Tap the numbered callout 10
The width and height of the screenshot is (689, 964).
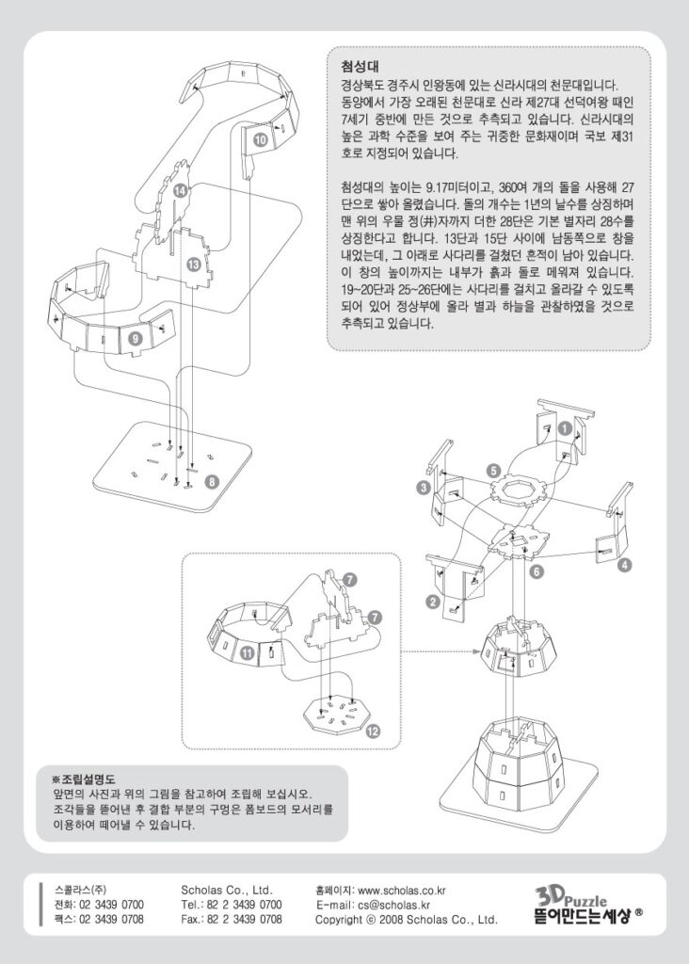(260, 139)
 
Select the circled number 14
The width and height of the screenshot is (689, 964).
(179, 191)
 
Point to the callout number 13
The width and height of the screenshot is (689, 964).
(192, 265)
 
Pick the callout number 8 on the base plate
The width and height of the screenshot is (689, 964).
(213, 482)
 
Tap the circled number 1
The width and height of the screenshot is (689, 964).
(564, 426)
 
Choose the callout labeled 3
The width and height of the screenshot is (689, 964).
(424, 487)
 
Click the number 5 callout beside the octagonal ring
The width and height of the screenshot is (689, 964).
(492, 469)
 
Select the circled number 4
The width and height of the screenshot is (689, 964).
(625, 565)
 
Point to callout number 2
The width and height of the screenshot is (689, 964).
(432, 602)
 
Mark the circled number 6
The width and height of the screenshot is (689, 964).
(535, 571)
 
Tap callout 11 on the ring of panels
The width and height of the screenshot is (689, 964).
(246, 651)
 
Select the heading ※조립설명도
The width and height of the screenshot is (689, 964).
(83, 779)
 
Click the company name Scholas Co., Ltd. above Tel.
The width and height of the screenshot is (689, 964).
(226, 889)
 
